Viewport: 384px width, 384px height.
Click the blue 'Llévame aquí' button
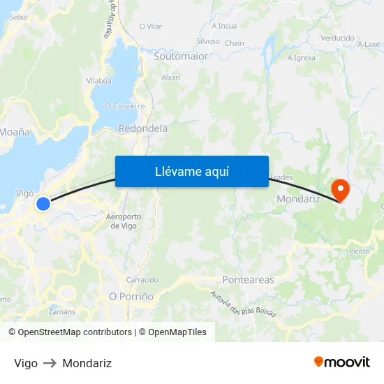click(192, 171)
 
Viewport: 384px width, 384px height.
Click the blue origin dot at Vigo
click(43, 204)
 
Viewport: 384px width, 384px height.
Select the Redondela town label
click(143, 128)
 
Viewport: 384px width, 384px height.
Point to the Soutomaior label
click(181, 56)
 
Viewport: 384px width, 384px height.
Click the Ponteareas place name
click(248, 280)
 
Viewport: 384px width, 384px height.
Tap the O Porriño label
click(131, 296)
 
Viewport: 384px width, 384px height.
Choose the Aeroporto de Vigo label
click(124, 221)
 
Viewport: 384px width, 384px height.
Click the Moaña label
click(15, 131)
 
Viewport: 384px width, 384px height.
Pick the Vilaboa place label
click(98, 81)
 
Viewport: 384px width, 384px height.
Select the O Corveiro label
click(124, 106)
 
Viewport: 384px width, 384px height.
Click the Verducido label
click(337, 38)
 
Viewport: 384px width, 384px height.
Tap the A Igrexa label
click(302, 57)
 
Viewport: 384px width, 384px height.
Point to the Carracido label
click(142, 279)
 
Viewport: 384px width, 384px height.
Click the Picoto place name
click(359, 251)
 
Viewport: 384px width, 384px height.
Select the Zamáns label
click(62, 311)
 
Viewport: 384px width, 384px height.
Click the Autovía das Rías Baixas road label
click(243, 304)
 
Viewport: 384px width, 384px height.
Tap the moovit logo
click(342, 362)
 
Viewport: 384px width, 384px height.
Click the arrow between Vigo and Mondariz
click(50, 363)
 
